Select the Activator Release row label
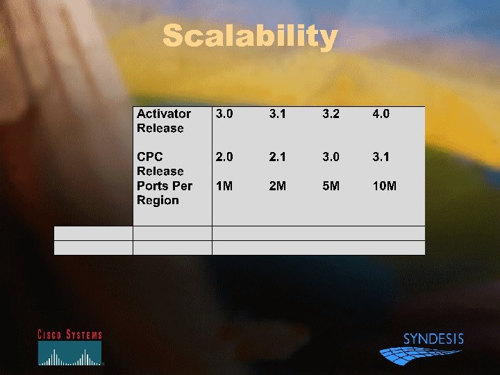coord(164,121)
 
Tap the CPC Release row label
coord(160,164)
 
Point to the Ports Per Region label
coord(165,193)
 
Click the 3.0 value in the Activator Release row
coord(224,114)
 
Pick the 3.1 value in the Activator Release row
coord(278,114)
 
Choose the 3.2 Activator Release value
coord(331,114)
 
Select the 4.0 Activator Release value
coord(381,114)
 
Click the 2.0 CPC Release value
coord(224,157)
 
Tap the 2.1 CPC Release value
coord(278,157)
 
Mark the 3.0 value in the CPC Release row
coord(331,157)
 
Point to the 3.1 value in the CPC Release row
coord(381,157)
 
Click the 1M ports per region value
coord(224,186)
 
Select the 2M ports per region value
coord(278,186)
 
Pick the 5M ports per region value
coord(331,186)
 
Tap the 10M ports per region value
coord(385,186)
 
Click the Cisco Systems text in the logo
coord(69,335)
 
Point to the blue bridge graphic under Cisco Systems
coord(69,354)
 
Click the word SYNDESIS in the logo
coord(433,340)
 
